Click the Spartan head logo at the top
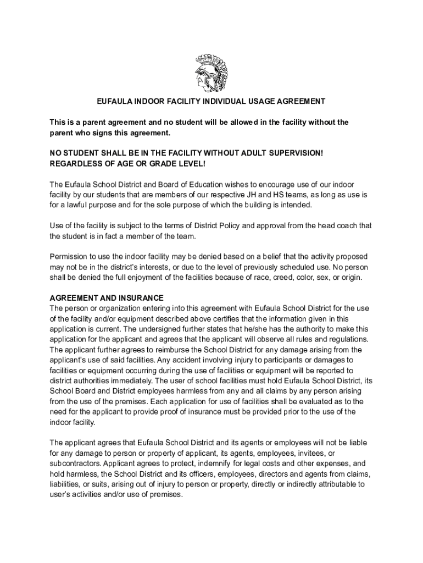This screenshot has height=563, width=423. click(x=211, y=73)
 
